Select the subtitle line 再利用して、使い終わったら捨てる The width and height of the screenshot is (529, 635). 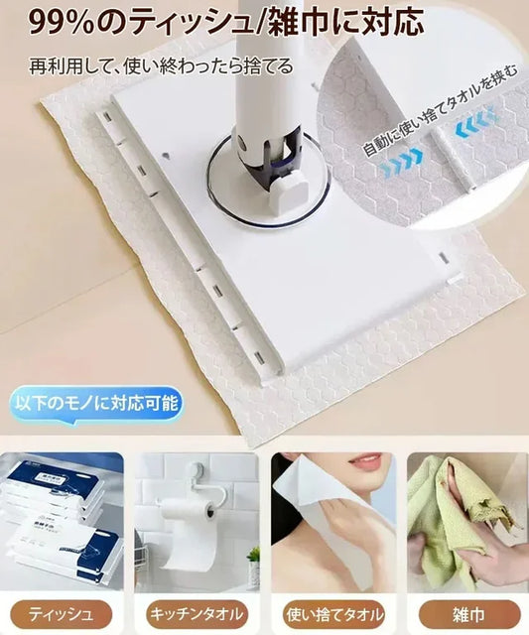pyautogui.click(x=161, y=66)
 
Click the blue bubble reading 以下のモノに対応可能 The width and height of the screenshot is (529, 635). pyautogui.click(x=96, y=404)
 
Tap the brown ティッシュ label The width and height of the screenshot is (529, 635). pyautogui.click(x=61, y=615)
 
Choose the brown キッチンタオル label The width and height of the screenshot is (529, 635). pyautogui.click(x=197, y=615)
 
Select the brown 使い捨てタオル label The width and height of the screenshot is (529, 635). pyautogui.click(x=333, y=615)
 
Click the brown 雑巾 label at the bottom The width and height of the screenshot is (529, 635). pyautogui.click(x=469, y=615)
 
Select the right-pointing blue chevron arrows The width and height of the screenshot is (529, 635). pyautogui.click(x=403, y=162)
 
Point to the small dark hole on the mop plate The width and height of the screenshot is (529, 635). pyautogui.click(x=166, y=155)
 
